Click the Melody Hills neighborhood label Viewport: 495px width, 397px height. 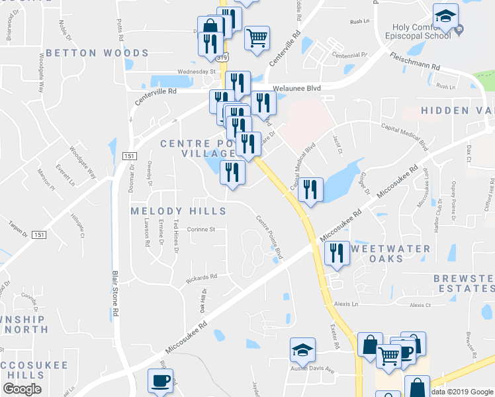pyautogui.click(x=178, y=211)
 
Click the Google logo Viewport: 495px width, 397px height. pyautogui.click(x=22, y=389)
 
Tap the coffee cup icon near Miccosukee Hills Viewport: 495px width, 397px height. pyautogui.click(x=160, y=381)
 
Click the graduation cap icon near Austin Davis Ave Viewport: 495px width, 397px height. pyautogui.click(x=303, y=350)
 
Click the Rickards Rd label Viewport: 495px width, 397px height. pyautogui.click(x=201, y=278)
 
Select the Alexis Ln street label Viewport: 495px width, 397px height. pyautogui.click(x=345, y=304)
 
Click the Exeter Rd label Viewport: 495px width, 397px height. pyautogui.click(x=336, y=336)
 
